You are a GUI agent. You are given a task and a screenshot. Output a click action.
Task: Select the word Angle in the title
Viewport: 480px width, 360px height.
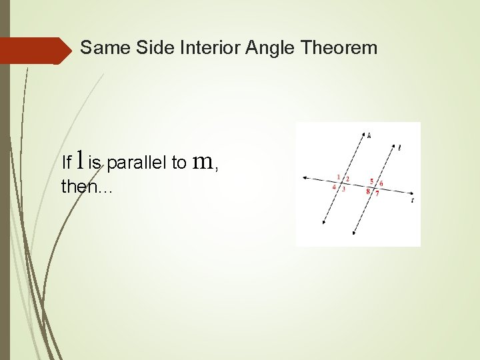(272, 48)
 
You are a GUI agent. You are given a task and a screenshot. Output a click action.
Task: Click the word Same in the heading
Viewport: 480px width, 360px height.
(102, 48)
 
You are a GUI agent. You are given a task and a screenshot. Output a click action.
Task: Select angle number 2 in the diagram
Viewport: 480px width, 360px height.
(347, 179)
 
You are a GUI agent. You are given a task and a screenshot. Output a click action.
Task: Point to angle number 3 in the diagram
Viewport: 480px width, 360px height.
(343, 189)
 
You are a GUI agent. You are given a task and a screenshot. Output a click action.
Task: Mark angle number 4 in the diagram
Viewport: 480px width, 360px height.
(334, 187)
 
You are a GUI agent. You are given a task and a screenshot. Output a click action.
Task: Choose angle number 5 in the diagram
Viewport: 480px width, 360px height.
(371, 181)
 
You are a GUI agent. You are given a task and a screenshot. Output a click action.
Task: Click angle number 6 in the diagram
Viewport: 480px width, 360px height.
(381, 183)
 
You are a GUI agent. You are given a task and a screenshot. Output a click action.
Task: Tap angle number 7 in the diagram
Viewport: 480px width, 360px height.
(377, 194)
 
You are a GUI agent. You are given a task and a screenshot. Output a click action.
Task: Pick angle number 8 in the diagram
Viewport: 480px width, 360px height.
(368, 192)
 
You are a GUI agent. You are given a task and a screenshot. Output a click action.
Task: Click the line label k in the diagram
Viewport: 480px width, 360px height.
(369, 135)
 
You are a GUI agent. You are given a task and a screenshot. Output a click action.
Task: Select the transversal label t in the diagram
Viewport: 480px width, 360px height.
(413, 199)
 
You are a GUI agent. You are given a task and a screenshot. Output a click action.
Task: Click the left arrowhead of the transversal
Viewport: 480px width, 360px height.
(304, 177)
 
